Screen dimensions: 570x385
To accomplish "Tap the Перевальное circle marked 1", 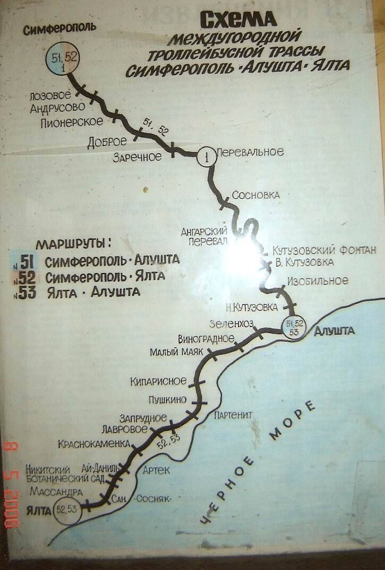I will pos(207,156).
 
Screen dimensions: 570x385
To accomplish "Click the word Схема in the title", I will pos(238,20).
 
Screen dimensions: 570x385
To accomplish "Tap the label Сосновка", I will pos(256,195).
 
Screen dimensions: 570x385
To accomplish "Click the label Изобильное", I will pos(316,280).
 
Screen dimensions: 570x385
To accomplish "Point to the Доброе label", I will pos(108,142).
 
